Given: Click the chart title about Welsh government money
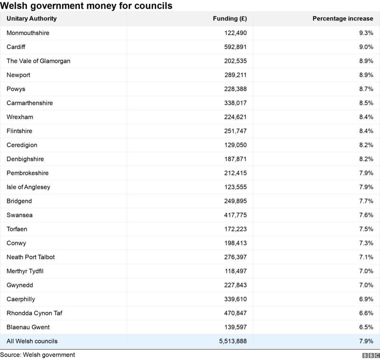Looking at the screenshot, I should click(x=86, y=6).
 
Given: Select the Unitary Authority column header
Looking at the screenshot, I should click(x=31, y=19).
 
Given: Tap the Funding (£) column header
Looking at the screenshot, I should click(x=230, y=19).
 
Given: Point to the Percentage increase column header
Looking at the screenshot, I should click(x=342, y=19).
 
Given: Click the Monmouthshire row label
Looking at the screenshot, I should click(x=28, y=33).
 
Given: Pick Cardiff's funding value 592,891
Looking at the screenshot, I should click(x=235, y=47).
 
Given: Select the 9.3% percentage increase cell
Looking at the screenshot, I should click(x=366, y=33).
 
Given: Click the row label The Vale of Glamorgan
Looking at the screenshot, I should click(x=38, y=61).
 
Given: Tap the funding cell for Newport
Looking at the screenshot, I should click(x=235, y=75).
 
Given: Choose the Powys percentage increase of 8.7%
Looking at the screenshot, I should click(x=366, y=89).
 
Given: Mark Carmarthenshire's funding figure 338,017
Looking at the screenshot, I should click(x=235, y=103).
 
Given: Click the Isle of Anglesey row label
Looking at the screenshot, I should click(x=28, y=187).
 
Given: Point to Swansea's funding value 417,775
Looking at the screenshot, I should click(x=235, y=215).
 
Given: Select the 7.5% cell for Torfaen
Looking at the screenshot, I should click(x=366, y=229).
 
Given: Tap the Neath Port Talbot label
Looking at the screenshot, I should click(x=31, y=257).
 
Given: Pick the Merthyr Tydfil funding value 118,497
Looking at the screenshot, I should click(x=235, y=271).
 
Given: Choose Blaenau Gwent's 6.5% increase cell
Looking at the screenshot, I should click(x=366, y=327).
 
